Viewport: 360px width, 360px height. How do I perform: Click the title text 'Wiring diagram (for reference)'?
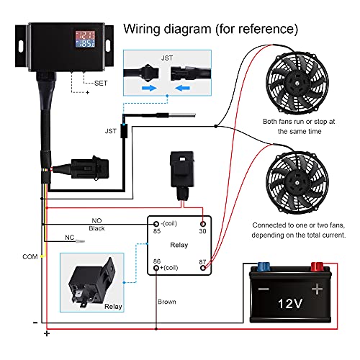tap(210, 30)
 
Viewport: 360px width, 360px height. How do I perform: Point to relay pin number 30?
tap(203, 231)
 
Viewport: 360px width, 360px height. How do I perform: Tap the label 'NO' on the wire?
tap(96, 220)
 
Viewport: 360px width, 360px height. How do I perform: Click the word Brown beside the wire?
tap(166, 302)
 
